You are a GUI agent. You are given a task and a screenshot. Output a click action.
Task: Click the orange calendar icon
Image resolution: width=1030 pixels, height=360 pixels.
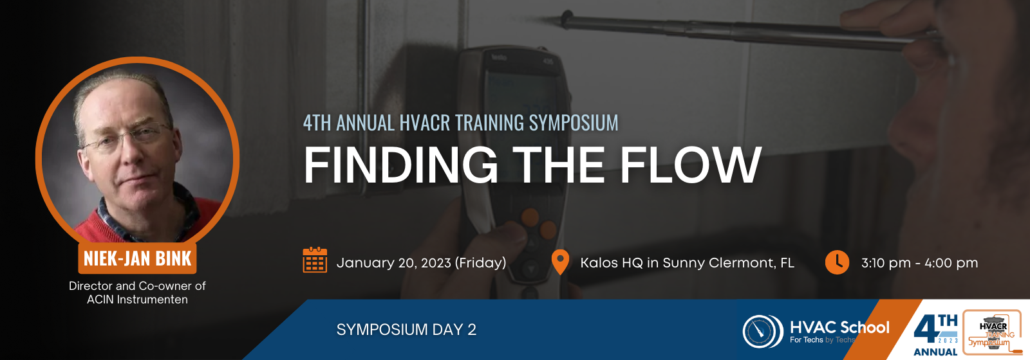pos(315,260)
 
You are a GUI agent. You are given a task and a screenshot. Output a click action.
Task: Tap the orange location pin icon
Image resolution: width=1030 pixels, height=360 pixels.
pos(560,262)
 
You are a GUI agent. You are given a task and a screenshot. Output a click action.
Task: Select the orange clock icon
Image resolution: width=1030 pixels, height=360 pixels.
pos(837,262)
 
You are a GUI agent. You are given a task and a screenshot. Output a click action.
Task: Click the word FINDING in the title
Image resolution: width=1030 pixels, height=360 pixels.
pos(400,165)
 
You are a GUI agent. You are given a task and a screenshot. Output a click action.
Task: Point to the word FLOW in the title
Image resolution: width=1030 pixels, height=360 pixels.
pos(691,165)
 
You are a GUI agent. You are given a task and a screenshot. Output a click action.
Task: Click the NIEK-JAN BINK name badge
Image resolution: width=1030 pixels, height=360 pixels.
pos(137,258)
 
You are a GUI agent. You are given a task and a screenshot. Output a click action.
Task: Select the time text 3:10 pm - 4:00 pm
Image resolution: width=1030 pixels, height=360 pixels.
pos(919,263)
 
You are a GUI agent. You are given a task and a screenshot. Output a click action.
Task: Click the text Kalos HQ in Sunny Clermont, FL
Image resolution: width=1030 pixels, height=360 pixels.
pos(687,263)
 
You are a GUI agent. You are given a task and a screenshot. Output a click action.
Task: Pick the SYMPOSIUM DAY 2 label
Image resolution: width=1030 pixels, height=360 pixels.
pos(406,329)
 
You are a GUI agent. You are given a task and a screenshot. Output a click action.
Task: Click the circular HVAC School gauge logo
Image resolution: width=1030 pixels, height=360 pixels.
pos(763,331)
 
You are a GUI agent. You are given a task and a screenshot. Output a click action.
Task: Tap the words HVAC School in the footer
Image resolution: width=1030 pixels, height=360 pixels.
pos(839,327)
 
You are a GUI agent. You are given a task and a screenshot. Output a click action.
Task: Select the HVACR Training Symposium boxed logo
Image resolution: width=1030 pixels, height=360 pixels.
pos(992,332)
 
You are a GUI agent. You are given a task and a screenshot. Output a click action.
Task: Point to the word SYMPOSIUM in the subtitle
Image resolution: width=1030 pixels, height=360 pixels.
pos(574,123)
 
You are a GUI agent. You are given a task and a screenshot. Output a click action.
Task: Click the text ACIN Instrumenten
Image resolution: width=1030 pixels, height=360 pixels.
pos(137,300)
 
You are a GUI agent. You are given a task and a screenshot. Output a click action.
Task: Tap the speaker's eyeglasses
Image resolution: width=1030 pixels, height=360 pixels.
pos(126,137)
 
